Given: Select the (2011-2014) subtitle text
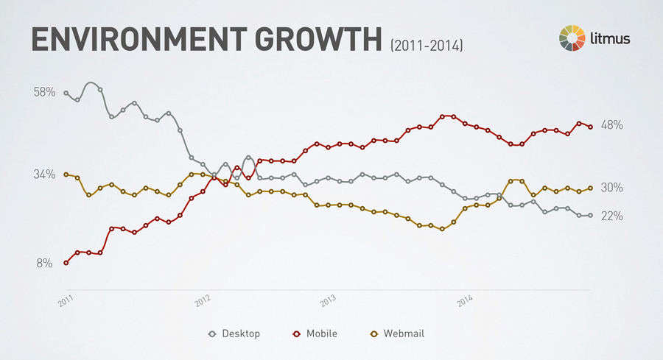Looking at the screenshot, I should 427,46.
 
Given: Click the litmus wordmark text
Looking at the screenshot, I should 609,38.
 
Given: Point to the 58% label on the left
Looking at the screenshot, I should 44,93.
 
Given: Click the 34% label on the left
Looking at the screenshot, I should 44,174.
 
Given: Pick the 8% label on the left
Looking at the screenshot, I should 44,263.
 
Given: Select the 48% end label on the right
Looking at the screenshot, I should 612,125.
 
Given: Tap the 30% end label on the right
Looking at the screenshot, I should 612,188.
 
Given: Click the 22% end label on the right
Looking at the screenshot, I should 612,216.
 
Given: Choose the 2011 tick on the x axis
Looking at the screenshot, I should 67,302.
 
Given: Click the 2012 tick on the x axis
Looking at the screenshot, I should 203,302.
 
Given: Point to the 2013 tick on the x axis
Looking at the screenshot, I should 329,302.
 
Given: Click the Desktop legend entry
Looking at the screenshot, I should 234,333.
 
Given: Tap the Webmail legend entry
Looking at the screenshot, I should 397,333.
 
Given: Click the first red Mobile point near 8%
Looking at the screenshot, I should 66,263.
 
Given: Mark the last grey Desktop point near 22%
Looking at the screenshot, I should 590,215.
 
